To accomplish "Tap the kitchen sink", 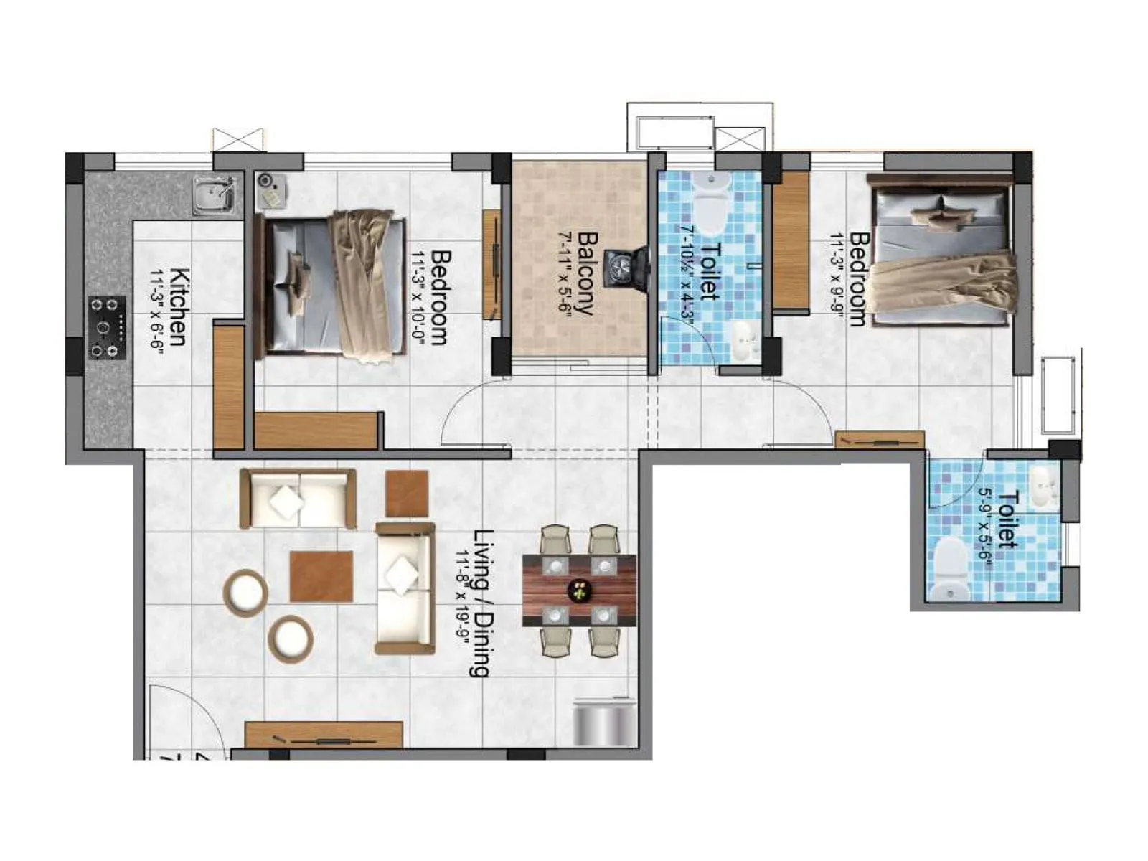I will click(214, 195).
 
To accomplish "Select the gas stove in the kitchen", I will click(107, 328).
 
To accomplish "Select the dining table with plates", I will click(579, 590).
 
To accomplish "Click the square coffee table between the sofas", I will click(321, 576).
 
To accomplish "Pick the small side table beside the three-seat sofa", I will click(407, 494).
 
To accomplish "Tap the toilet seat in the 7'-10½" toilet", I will click(710, 204).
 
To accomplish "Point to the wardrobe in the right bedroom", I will click(791, 240).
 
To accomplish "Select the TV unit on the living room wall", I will click(324, 736).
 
